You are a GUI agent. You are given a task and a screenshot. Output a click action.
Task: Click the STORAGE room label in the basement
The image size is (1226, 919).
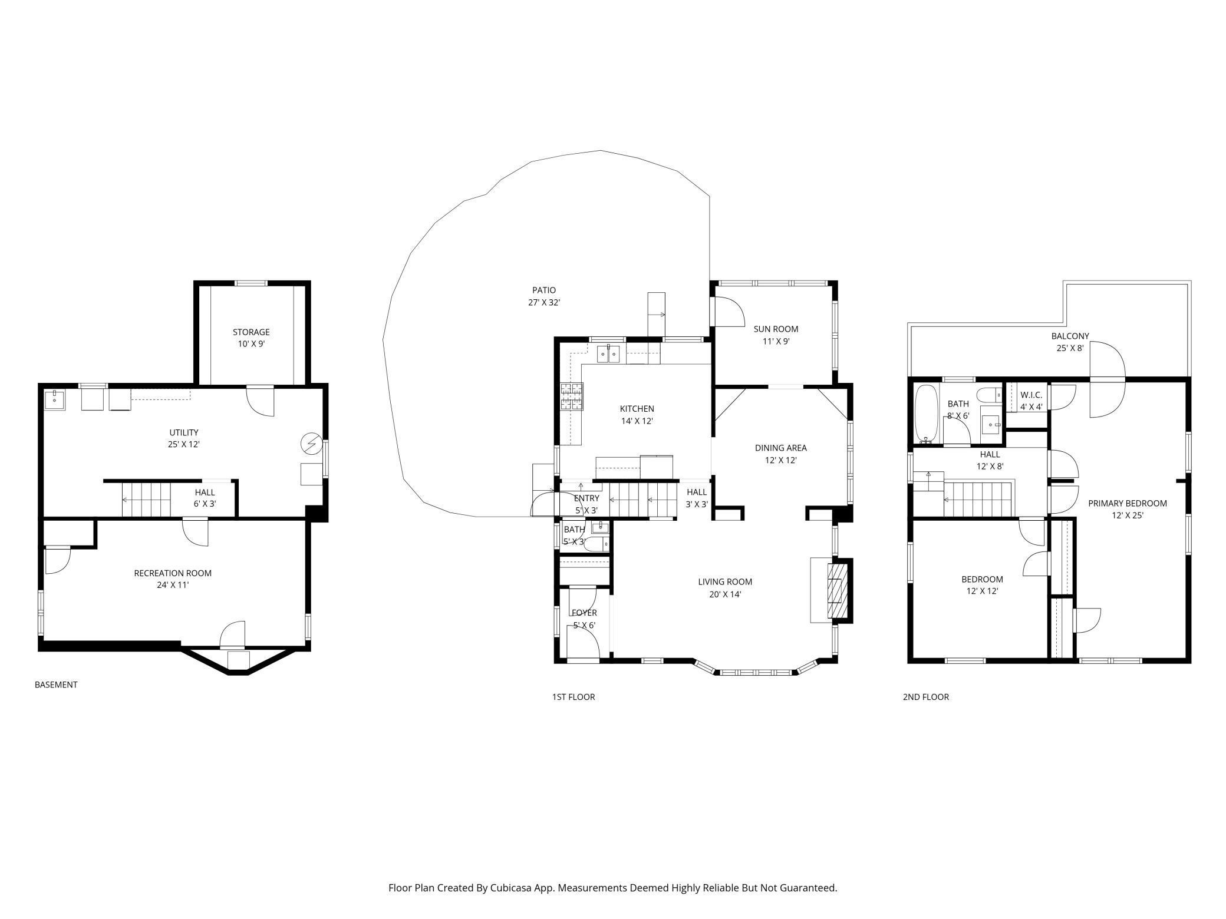click(x=251, y=332)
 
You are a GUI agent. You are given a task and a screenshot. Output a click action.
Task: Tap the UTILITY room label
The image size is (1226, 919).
click(x=184, y=432)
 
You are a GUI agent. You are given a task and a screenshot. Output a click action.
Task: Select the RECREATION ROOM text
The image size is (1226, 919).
click(x=173, y=573)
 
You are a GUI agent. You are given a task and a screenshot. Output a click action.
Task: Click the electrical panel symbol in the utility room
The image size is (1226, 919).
click(x=311, y=443)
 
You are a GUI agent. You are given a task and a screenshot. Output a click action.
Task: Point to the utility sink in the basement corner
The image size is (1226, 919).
click(x=55, y=399)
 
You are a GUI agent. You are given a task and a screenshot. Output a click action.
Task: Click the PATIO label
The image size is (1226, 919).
click(x=544, y=290)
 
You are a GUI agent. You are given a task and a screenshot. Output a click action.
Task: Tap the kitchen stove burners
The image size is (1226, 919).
click(x=571, y=396)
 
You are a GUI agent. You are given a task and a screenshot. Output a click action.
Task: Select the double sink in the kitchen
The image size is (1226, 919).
click(x=608, y=354)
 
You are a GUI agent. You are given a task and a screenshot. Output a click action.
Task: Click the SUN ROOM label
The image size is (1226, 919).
click(x=776, y=329)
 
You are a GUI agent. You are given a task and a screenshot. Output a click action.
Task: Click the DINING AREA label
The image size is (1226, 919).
click(x=781, y=448)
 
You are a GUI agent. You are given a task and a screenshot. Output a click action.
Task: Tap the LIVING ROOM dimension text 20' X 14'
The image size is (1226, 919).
click(x=725, y=594)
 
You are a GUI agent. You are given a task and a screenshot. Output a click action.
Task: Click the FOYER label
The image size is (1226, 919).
click(x=584, y=613)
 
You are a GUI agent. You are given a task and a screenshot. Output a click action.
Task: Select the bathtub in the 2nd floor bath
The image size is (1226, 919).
click(x=927, y=414)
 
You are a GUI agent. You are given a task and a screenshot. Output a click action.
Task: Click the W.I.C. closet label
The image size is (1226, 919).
click(x=1031, y=395)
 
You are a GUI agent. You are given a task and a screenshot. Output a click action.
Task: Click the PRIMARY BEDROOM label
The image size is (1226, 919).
click(x=1128, y=503)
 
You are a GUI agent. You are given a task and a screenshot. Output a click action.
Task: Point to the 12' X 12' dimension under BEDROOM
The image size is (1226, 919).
click(x=982, y=591)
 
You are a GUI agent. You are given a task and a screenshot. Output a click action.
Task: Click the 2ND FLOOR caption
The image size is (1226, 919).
click(x=926, y=697)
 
